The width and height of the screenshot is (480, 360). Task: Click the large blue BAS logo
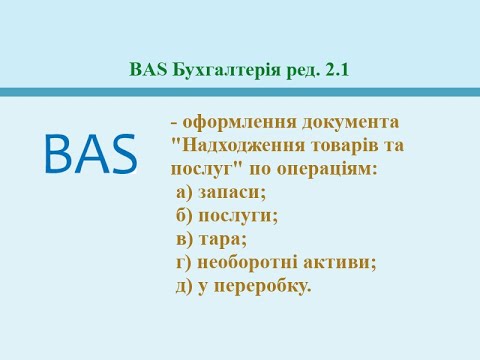[91, 154]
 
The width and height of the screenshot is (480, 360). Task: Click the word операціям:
[317, 169]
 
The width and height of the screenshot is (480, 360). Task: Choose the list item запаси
[238, 192]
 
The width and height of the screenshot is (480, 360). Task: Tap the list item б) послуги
[227, 215]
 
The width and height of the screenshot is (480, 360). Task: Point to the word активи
[345, 262]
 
